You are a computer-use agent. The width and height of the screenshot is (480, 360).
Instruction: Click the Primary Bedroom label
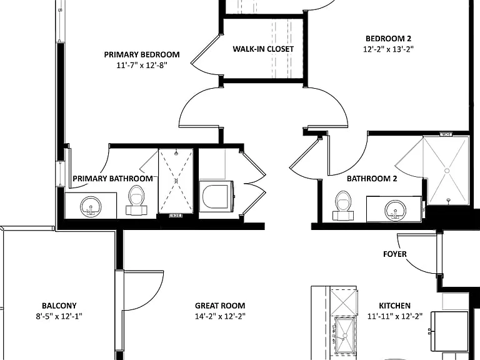click(x=142, y=54)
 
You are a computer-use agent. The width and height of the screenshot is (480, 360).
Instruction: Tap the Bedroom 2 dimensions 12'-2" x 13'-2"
click(x=389, y=49)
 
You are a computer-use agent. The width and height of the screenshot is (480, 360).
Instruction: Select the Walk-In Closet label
click(x=263, y=49)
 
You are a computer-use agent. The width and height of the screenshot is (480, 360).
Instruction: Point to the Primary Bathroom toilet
click(x=137, y=201)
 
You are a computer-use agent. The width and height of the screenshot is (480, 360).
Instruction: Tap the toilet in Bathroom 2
click(x=343, y=206)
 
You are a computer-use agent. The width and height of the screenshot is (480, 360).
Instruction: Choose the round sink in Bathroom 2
click(x=396, y=210)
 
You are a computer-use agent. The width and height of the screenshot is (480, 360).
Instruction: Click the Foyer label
click(x=395, y=254)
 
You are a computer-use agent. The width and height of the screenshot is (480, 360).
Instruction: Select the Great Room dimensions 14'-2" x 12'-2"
click(x=220, y=316)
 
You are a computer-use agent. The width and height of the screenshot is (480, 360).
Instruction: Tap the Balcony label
click(x=59, y=306)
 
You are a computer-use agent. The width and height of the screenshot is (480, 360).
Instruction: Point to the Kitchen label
click(x=394, y=306)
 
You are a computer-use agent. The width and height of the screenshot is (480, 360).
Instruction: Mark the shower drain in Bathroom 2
click(x=447, y=171)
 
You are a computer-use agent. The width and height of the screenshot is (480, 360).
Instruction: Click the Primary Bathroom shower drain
click(x=176, y=181)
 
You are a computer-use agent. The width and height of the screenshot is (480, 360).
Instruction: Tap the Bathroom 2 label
click(x=372, y=179)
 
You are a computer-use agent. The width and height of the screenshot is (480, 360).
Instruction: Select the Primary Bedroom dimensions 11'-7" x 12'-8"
click(x=142, y=65)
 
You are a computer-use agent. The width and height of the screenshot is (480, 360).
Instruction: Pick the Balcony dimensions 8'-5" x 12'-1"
click(x=59, y=316)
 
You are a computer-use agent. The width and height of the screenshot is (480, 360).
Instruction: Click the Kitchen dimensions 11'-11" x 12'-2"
click(x=395, y=316)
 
